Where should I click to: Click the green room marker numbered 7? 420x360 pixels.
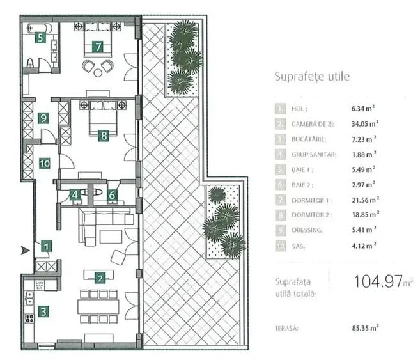coord(97,46)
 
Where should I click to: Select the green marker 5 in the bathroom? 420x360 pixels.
coord(40,38)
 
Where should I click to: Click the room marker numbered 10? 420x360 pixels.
coord(43,163)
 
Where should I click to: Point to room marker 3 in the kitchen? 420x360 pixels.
coord(43,312)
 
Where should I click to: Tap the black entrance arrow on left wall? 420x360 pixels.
coord(25,250)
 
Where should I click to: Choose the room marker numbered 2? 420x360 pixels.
coord(100,278)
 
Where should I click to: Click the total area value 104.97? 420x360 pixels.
coord(377,282)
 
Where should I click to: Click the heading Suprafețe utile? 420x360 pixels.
coord(311,77)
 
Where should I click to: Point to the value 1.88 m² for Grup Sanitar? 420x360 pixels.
coord(363,153)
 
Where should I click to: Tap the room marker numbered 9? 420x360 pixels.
coord(43,118)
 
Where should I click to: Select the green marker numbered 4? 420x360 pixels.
coord(75,194)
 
